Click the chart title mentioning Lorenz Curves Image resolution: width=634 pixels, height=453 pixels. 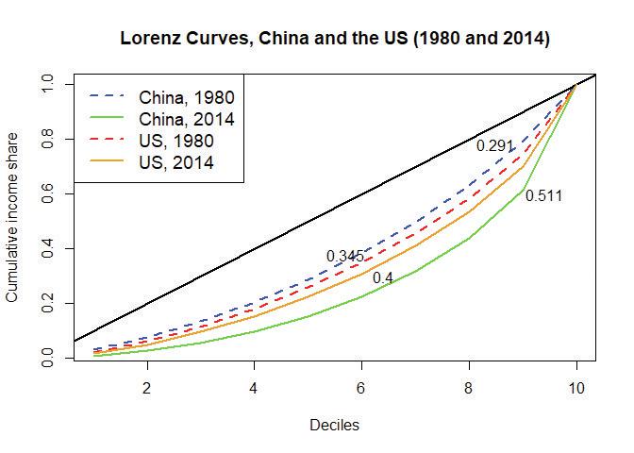[335, 41]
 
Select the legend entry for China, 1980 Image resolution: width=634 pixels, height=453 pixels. [186, 97]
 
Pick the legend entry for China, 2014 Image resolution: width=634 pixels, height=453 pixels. [186, 119]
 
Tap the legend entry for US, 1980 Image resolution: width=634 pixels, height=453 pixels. [175, 141]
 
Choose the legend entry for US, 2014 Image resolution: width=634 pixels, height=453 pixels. [175, 162]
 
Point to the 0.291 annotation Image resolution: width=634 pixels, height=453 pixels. [495, 146]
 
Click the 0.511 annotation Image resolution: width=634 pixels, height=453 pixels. [544, 196]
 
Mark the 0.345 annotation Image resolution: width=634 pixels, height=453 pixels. [345, 257]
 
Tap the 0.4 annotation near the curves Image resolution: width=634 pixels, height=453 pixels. [383, 278]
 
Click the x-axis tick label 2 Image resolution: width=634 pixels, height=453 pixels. [146, 388]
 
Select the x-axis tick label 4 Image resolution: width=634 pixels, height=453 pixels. [254, 388]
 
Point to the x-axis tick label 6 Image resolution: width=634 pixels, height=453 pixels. [361, 388]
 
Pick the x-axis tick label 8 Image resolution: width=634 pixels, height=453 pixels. [469, 388]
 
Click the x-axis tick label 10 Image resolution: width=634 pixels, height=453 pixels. [576, 388]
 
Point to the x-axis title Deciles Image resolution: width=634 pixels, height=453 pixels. [334, 426]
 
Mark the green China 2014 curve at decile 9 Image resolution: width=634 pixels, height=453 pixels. [523, 191]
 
